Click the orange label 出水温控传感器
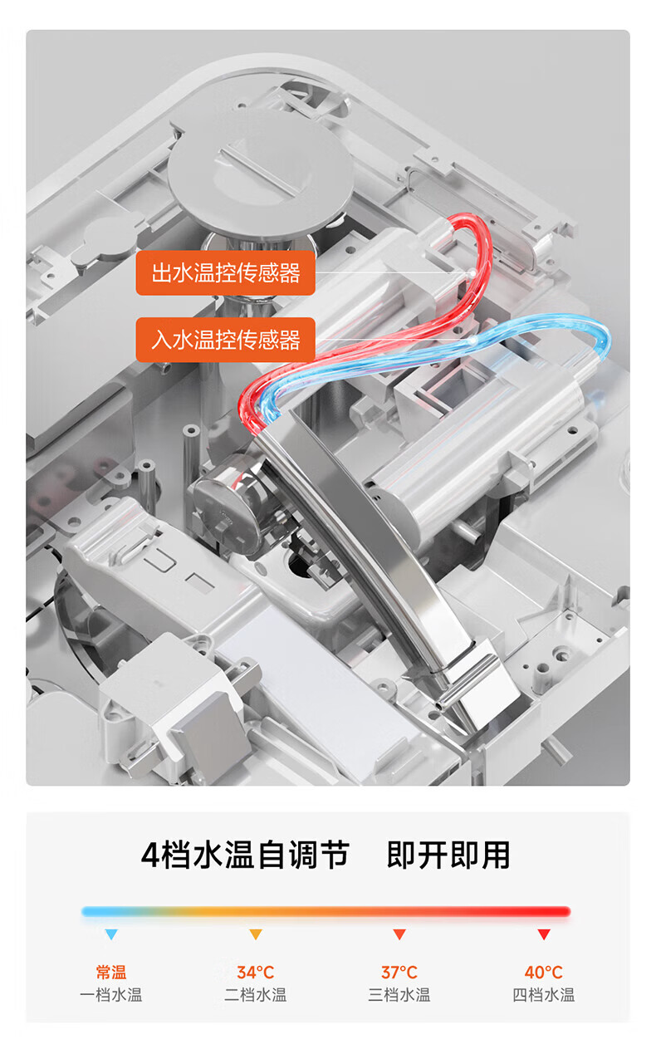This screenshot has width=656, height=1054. click(x=225, y=273)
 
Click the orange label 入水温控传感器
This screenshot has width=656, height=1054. click(x=225, y=340)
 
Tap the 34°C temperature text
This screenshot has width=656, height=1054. click(x=256, y=972)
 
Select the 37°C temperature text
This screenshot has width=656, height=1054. click(x=399, y=972)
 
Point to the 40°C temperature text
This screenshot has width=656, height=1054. click(x=544, y=972)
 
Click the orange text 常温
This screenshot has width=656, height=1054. click(x=111, y=972)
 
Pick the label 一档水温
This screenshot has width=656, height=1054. click(x=111, y=995)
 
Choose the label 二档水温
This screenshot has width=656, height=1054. click(x=256, y=995)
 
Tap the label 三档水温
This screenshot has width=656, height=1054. click(x=399, y=995)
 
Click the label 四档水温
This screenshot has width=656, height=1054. click(x=544, y=995)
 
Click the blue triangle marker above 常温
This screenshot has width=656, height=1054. click(x=111, y=934)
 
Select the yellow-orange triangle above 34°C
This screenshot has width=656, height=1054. click(x=256, y=934)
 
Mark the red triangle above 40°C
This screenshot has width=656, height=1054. click(x=544, y=934)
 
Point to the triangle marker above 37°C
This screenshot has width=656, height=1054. click(x=399, y=934)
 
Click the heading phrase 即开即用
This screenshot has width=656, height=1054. click(x=448, y=855)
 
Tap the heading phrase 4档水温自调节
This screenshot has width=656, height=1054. click(x=245, y=855)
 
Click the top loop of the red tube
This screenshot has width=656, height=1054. click(x=471, y=222)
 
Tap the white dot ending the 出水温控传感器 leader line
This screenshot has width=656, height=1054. click(x=472, y=272)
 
